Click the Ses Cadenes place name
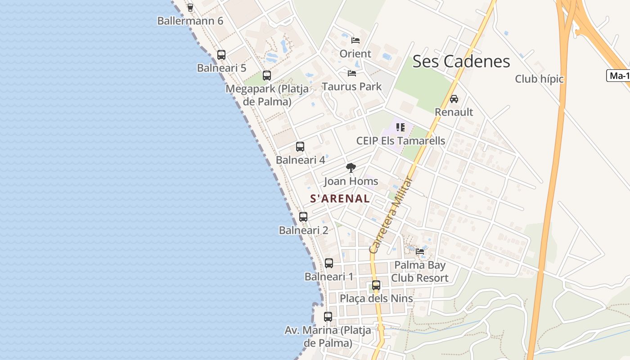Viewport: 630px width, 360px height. tap(461, 62)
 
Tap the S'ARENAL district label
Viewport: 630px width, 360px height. tap(340, 198)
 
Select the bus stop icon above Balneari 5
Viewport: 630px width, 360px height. tap(221, 55)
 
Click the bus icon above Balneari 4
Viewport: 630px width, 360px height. tap(300, 147)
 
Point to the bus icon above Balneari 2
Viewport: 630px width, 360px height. tap(303, 217)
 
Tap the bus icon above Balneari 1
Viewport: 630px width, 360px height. tap(329, 263)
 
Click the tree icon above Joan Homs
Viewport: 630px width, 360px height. tap(351, 168)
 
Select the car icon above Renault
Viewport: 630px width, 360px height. tap(454, 99)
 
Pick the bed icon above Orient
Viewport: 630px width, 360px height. tap(355, 40)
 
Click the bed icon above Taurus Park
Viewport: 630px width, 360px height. tap(352, 73)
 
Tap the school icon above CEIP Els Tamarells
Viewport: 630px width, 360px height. tap(400, 127)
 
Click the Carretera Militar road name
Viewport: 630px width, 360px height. tap(391, 215)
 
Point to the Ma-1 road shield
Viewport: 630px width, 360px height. tap(619, 76)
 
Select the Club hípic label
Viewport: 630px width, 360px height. tap(539, 79)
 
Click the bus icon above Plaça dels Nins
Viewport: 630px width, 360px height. tap(376, 285)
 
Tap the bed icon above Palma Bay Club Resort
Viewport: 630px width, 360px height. tap(420, 252)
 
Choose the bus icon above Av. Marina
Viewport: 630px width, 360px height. tap(328, 317)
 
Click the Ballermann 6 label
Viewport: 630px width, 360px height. tap(190, 21)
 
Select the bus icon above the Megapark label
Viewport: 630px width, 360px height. tap(267, 75)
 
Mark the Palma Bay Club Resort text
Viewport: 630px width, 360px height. tap(419, 272)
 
